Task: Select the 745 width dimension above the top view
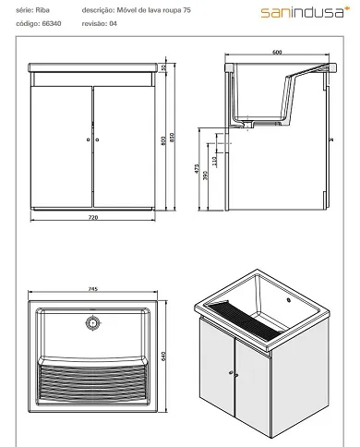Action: [93, 288]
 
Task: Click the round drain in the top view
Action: [91, 323]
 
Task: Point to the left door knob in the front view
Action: [87, 138]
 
